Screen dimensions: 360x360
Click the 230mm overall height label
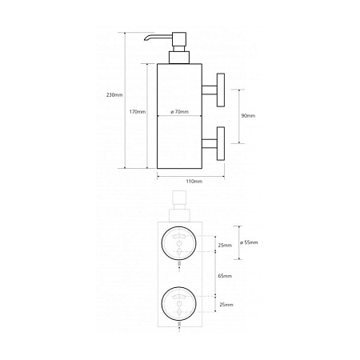[x=114, y=95]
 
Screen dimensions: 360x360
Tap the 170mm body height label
[x=138, y=112]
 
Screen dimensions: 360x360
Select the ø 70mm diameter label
[x=179, y=112]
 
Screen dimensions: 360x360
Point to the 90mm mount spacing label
[x=248, y=116]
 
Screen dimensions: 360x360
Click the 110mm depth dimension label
[x=194, y=182]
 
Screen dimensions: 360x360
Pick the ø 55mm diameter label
[x=249, y=242]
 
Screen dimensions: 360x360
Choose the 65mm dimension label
[x=225, y=276]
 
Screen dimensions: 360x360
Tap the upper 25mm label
[x=225, y=246]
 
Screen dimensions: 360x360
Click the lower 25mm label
[x=226, y=305]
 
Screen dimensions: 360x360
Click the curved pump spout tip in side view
[x=146, y=39]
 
